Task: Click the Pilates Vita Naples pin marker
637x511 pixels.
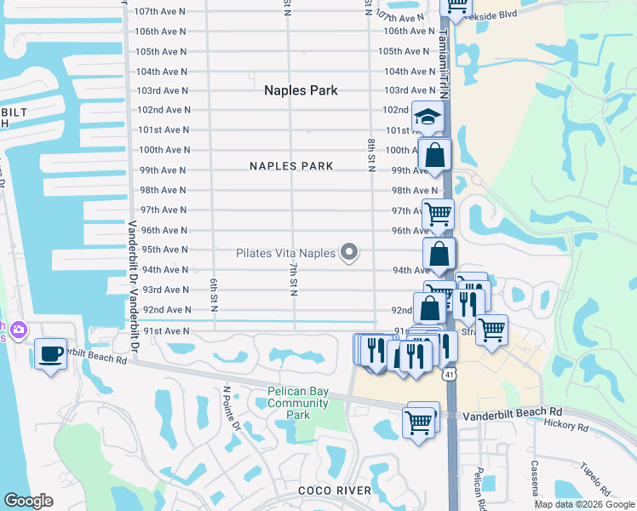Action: point(348,251)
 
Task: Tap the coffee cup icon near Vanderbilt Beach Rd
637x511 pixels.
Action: point(50,353)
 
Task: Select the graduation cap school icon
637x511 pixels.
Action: point(428,118)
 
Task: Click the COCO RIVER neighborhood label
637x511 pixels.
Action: point(335,490)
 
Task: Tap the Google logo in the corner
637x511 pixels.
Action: point(28,501)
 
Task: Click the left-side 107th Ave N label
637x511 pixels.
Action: point(161,11)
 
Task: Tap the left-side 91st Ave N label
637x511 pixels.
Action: point(166,330)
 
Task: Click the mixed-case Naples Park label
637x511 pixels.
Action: point(301,90)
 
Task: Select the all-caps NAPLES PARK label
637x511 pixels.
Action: point(291,166)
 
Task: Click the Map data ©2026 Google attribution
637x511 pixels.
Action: point(584,504)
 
